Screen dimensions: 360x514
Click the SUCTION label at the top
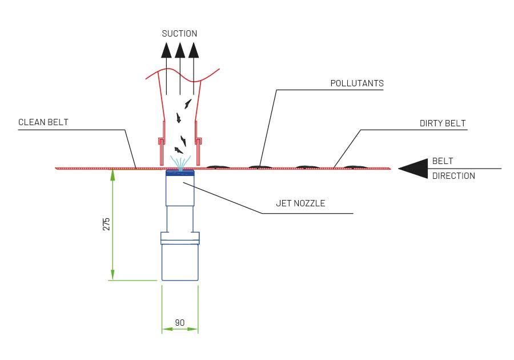pyautogui.click(x=179, y=34)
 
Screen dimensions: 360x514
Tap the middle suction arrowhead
pyautogui.click(x=180, y=50)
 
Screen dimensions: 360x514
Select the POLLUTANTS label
pyautogui.click(x=357, y=83)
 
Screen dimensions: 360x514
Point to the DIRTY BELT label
pyautogui.click(x=442, y=123)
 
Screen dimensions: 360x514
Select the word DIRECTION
pyautogui.click(x=453, y=176)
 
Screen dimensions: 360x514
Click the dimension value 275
pyautogui.click(x=106, y=223)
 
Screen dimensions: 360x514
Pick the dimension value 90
pyautogui.click(x=179, y=323)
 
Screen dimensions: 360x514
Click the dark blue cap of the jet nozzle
pyautogui.click(x=180, y=173)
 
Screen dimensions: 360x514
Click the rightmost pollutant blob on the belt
pyautogui.click(x=355, y=166)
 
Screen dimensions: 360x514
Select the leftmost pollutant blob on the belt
pyautogui.click(x=218, y=166)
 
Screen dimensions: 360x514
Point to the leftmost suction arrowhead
pyautogui.click(x=166, y=50)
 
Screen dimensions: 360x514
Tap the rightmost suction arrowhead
pyautogui.click(x=194, y=50)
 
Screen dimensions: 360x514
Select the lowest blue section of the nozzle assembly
pyautogui.click(x=180, y=262)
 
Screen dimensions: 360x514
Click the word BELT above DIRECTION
pyautogui.click(x=443, y=162)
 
